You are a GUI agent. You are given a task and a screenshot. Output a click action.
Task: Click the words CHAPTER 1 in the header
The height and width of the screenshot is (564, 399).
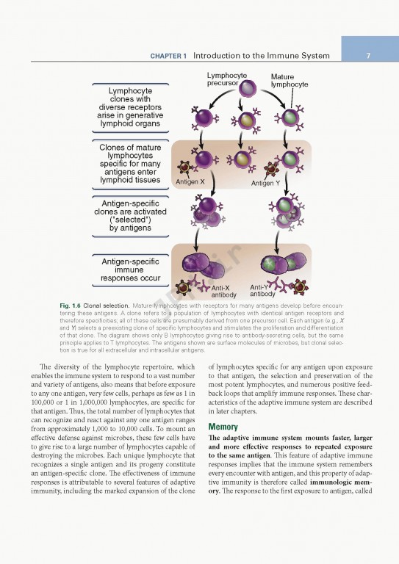pos(169,57)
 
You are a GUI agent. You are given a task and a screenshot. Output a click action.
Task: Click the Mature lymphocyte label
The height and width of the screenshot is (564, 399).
pos(289,81)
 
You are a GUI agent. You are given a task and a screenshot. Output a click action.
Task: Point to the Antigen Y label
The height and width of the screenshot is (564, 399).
pos(265,183)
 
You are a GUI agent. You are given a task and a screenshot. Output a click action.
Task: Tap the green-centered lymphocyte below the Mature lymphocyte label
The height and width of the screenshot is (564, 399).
pos(290,117)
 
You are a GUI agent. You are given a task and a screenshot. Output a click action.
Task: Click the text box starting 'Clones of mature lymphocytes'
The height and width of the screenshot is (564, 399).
pos(129,164)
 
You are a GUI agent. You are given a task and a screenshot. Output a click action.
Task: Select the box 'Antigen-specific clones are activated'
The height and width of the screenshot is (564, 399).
pos(129,216)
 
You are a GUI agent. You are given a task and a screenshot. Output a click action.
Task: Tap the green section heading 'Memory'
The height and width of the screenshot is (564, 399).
pos(223,427)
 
